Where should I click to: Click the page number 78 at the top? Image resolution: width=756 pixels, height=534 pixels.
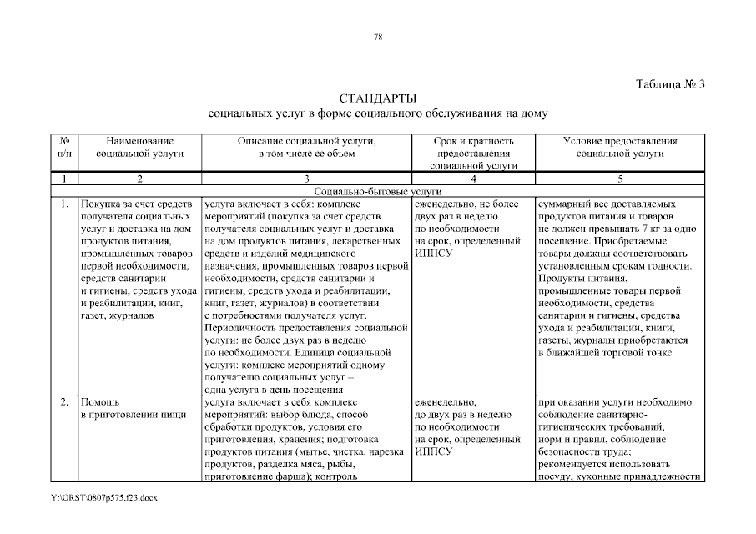(x=378, y=36)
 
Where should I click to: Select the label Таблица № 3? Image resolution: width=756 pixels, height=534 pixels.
(x=670, y=84)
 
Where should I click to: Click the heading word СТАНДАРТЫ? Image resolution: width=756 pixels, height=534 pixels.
(x=378, y=98)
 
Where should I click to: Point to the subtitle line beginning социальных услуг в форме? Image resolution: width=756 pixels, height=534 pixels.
(x=378, y=112)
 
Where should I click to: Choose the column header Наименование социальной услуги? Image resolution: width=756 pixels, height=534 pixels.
(x=139, y=148)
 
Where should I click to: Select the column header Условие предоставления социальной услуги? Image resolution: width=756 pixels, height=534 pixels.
(x=620, y=148)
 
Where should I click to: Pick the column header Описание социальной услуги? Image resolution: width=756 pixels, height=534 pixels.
(x=307, y=148)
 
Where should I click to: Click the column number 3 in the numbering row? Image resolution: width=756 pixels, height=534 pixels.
(x=307, y=179)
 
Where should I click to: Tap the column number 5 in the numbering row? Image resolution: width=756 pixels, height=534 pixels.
(x=620, y=179)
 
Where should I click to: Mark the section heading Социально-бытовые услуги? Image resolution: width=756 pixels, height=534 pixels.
(x=379, y=190)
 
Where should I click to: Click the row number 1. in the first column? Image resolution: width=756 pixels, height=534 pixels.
(x=63, y=203)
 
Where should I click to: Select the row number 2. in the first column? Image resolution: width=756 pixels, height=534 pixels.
(x=63, y=402)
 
